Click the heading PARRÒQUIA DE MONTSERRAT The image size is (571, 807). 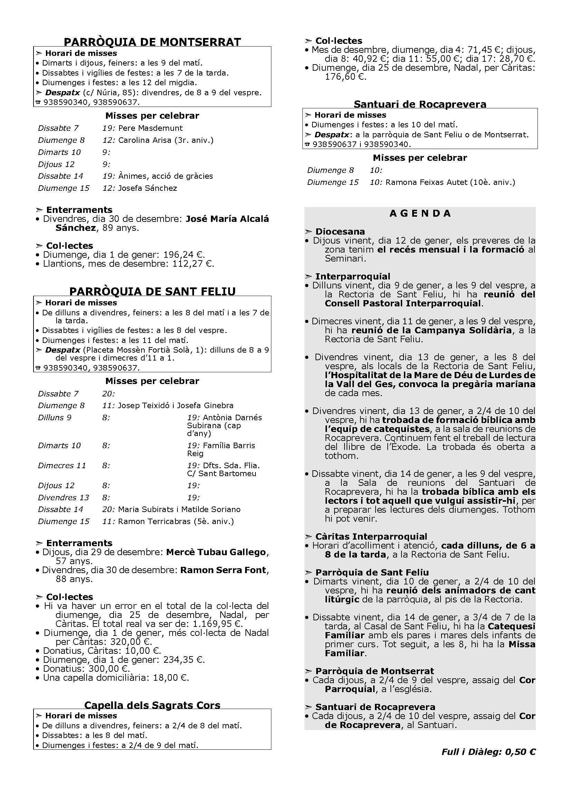(x=152, y=42)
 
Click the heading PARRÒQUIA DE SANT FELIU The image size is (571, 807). (x=152, y=292)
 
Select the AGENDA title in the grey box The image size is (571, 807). (x=420, y=213)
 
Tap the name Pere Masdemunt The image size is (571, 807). (x=151, y=128)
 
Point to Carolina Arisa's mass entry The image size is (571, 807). (x=166, y=140)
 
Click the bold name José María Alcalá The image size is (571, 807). (x=227, y=219)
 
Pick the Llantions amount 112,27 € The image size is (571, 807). (x=193, y=264)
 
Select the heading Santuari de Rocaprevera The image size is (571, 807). (x=420, y=104)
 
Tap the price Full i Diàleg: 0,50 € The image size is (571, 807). (x=488, y=752)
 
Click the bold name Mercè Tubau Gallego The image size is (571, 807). (x=216, y=552)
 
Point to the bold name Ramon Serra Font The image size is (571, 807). (x=223, y=570)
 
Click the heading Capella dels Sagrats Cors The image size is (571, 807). (x=152, y=705)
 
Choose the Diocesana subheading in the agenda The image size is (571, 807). (x=340, y=232)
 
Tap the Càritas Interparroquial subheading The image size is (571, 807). (x=371, y=537)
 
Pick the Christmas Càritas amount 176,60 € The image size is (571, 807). (x=346, y=77)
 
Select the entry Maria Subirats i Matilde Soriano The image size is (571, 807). (x=179, y=509)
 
